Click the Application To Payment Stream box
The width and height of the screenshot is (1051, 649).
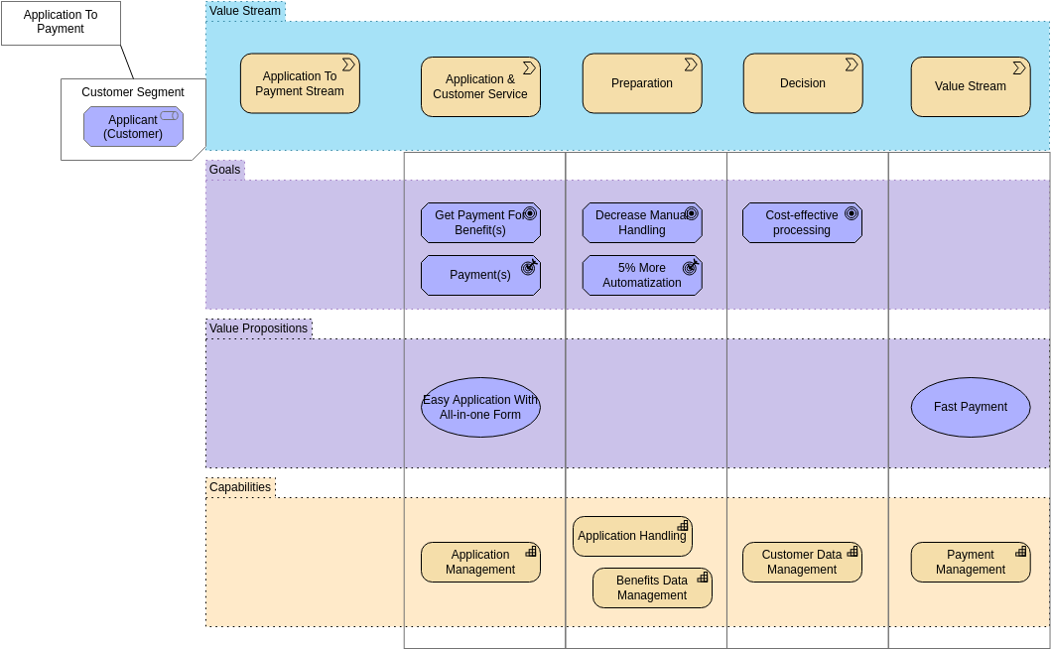[x=300, y=83]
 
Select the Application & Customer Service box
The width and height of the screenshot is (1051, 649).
[x=480, y=86]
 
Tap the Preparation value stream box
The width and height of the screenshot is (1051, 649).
[x=642, y=83]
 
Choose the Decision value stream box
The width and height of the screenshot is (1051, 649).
[x=803, y=83]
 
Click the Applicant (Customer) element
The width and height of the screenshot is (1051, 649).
[x=133, y=127]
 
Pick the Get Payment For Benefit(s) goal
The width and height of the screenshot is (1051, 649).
[x=480, y=223]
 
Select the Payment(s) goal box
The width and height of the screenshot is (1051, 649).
[x=480, y=275]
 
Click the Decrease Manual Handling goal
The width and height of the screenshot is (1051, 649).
[x=642, y=223]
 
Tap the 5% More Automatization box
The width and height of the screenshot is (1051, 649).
[x=642, y=275]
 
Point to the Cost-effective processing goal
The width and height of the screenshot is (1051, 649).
[x=802, y=223]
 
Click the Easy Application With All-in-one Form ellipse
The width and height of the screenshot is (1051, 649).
[x=480, y=407]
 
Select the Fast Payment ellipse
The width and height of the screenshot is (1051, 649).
[x=971, y=407]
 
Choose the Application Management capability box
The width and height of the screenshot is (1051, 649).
[x=480, y=562]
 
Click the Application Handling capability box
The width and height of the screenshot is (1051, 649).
[x=632, y=536]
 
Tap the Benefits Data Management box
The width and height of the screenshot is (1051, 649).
[x=652, y=587]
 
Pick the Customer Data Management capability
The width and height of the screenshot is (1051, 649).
[x=802, y=562]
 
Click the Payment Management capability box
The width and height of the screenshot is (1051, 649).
[x=971, y=562]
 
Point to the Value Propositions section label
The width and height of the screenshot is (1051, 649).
[x=258, y=328]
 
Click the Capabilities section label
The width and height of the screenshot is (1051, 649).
[x=240, y=487]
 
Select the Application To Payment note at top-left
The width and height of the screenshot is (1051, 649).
[x=61, y=23]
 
